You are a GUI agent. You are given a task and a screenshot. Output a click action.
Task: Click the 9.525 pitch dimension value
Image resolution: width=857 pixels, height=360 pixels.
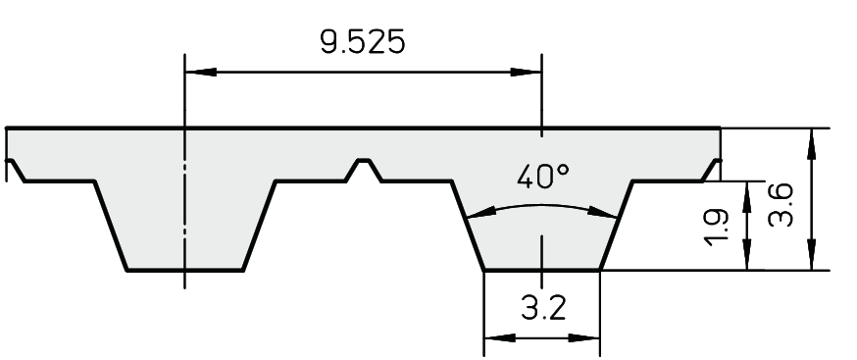pos(363,42)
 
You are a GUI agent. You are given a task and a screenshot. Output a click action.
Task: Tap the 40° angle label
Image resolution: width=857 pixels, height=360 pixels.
pos(542,177)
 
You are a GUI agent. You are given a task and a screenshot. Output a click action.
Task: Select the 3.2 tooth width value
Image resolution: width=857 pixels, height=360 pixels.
pos(543,308)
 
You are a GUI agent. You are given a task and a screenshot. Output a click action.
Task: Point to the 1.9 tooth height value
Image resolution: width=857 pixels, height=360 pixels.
pos(717,226)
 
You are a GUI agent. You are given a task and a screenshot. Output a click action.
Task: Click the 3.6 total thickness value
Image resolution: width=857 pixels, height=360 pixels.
pos(780,205)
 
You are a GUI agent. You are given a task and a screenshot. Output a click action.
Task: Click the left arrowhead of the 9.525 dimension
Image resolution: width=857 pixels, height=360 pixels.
pos(201,72)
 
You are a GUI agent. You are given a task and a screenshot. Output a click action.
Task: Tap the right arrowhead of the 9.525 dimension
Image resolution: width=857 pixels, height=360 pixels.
pos(526,72)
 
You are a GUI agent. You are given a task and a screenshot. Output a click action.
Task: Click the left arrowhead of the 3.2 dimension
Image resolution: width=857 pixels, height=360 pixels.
pos(499,338)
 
